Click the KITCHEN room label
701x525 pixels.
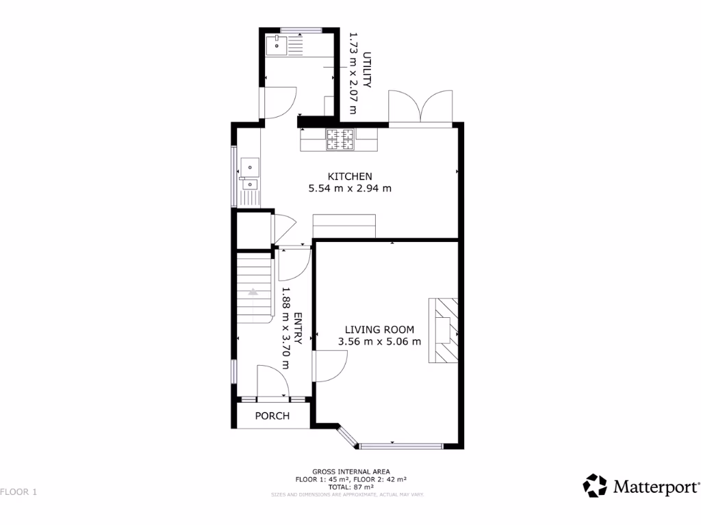point(350,176)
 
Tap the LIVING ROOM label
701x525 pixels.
point(379,329)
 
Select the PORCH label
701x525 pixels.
point(272,416)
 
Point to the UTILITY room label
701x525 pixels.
point(367,70)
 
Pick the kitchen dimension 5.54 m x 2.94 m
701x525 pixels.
point(350,189)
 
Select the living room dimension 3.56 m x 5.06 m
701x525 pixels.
point(379,342)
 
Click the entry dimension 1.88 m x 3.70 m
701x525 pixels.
point(285,328)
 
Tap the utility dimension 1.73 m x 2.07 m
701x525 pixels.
point(354,72)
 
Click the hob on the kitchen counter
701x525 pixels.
point(340,139)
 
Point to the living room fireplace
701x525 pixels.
point(444,330)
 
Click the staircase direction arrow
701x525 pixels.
point(253,291)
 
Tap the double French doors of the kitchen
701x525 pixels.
point(420,108)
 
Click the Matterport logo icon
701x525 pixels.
point(595,486)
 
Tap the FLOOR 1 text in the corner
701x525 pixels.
point(18,492)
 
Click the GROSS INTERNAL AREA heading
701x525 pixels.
point(350,472)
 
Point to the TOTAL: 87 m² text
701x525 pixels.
point(350,486)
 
